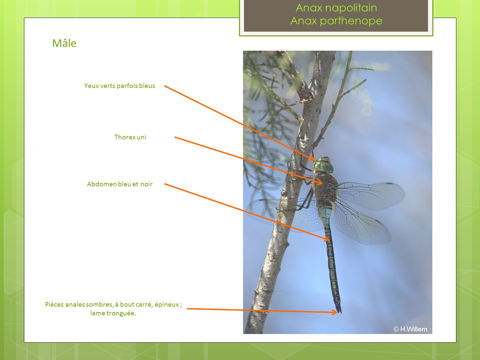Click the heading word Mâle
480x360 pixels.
(64, 43)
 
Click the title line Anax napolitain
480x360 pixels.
(336, 8)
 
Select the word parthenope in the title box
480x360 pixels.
(351, 21)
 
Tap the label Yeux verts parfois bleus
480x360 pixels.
(120, 86)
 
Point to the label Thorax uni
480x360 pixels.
(130, 137)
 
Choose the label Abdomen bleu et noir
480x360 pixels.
(120, 184)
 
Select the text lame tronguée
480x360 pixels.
(113, 313)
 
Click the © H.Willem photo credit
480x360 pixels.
(410, 329)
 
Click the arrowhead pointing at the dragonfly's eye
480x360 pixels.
(312, 158)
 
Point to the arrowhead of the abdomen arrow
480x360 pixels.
(327, 239)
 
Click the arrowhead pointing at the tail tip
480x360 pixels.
(335, 312)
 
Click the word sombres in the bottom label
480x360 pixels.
(99, 304)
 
